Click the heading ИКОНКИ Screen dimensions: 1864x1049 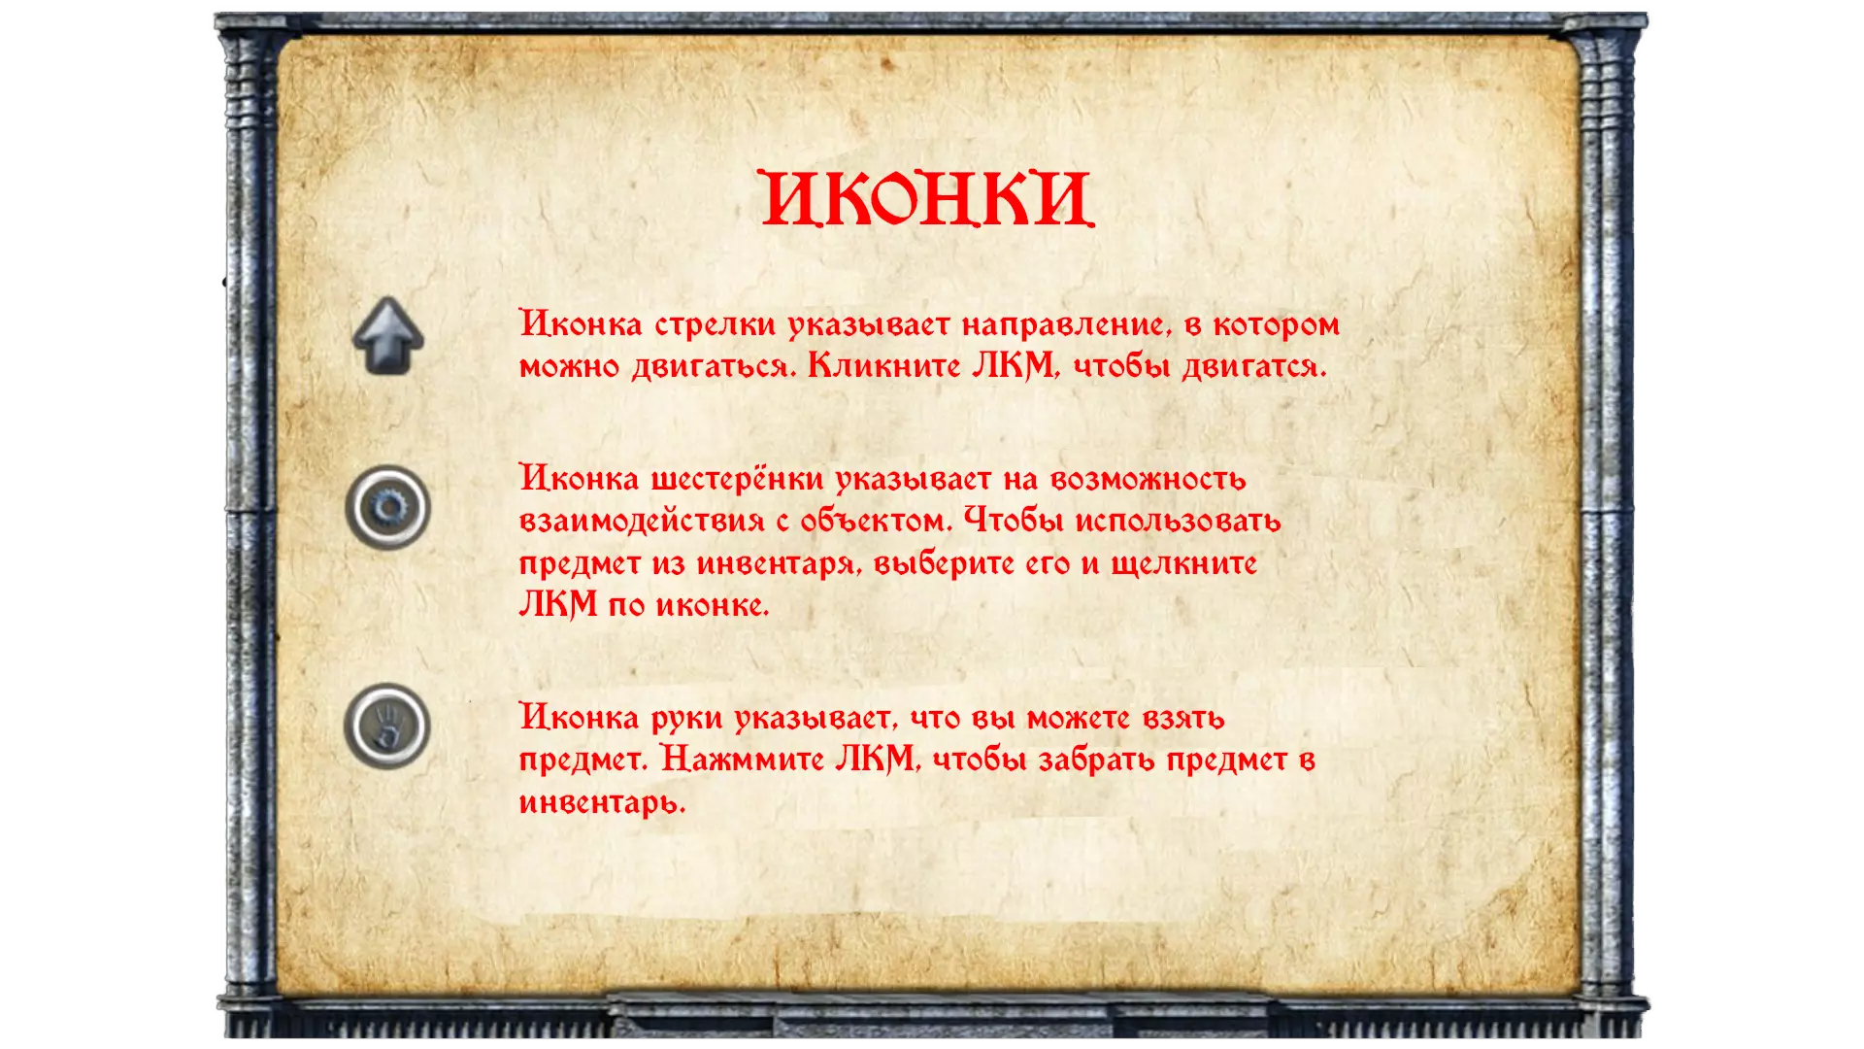[928, 199]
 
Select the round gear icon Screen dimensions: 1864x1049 [387, 507]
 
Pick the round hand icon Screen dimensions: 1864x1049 [386, 727]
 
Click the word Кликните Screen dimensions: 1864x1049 [884, 366]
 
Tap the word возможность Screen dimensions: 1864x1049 [1148, 479]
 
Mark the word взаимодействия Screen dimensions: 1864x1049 [642, 522]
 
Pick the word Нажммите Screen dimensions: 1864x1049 [743, 760]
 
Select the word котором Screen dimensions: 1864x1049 [1277, 325]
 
